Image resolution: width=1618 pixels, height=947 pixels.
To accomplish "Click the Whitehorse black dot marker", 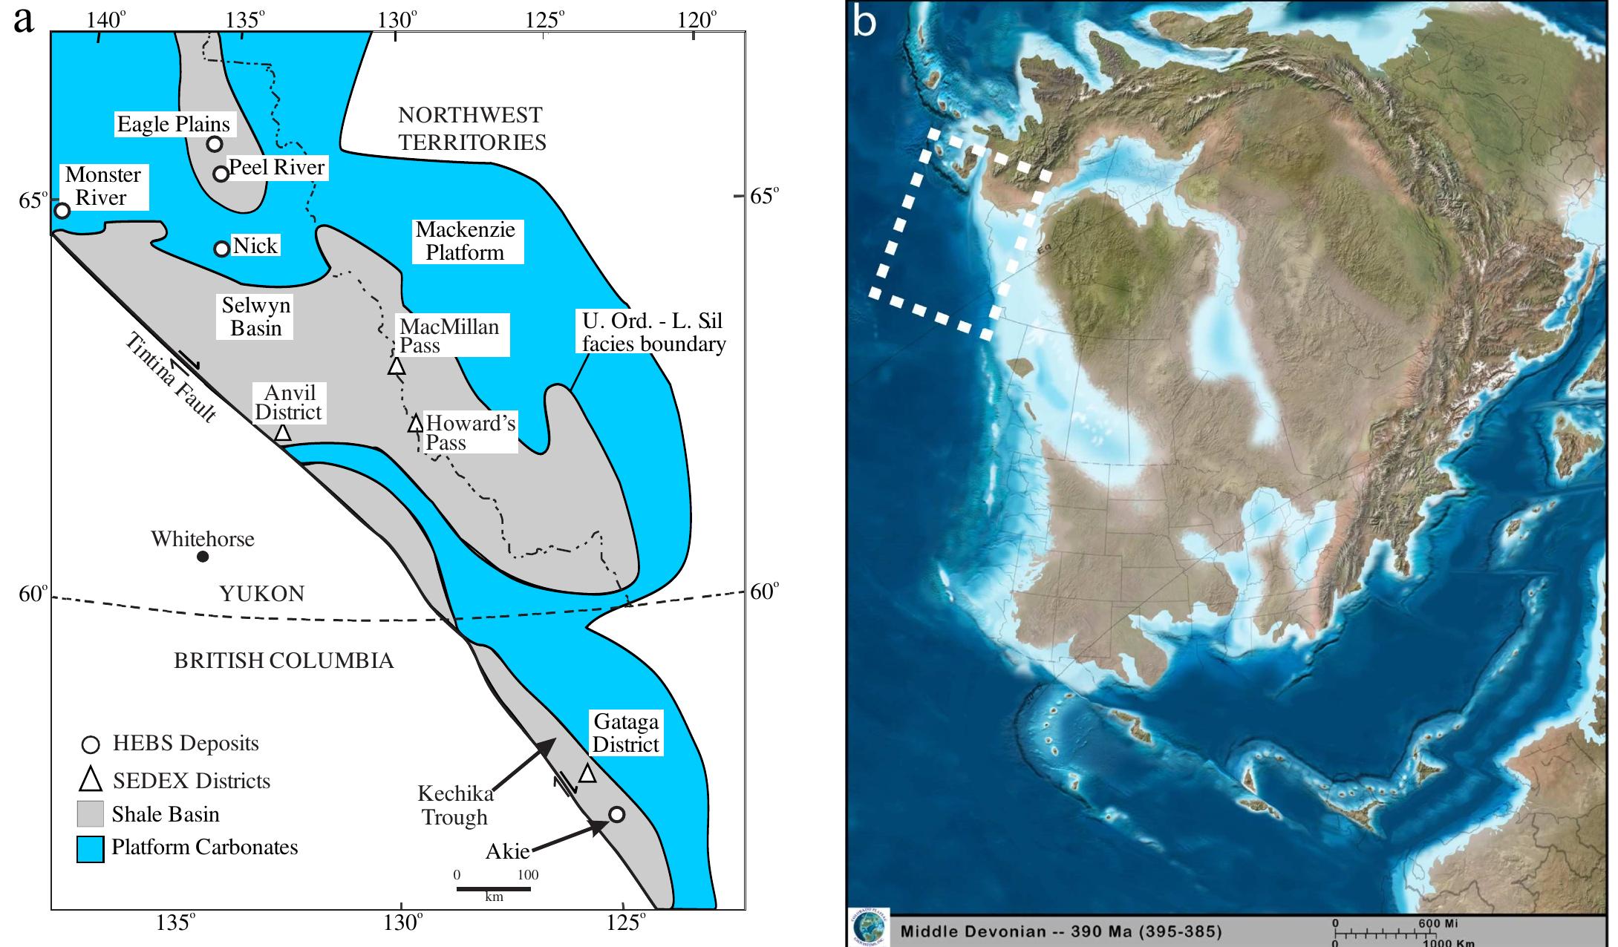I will point(203,557).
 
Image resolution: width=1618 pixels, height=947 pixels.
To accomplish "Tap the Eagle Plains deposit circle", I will point(215,144).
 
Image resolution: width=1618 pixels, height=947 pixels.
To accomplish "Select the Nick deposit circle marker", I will point(221,249).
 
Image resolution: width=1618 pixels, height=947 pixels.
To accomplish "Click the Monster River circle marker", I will point(62,211).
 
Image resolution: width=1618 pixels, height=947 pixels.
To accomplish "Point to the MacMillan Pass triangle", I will point(396,366).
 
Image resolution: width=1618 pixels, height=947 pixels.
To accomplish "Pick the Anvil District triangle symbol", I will point(282,433).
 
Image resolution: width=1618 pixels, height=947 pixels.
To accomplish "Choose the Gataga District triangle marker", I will point(587,773).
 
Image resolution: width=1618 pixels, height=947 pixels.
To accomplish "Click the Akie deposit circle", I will point(616,814).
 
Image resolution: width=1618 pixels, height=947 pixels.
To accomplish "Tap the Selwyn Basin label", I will point(256,316).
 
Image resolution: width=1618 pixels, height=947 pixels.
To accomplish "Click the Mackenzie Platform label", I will point(465,241).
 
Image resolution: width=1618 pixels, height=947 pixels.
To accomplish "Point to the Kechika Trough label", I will point(455,805).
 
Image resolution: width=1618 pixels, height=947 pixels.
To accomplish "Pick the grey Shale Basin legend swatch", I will point(90,814).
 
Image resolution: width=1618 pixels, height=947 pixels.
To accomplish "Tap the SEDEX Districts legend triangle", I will point(91,779).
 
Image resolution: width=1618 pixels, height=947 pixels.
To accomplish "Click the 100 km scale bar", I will point(493,888).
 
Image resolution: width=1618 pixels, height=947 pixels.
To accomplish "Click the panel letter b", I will point(865,22).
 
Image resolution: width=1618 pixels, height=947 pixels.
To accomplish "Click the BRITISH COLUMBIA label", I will point(284,661).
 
